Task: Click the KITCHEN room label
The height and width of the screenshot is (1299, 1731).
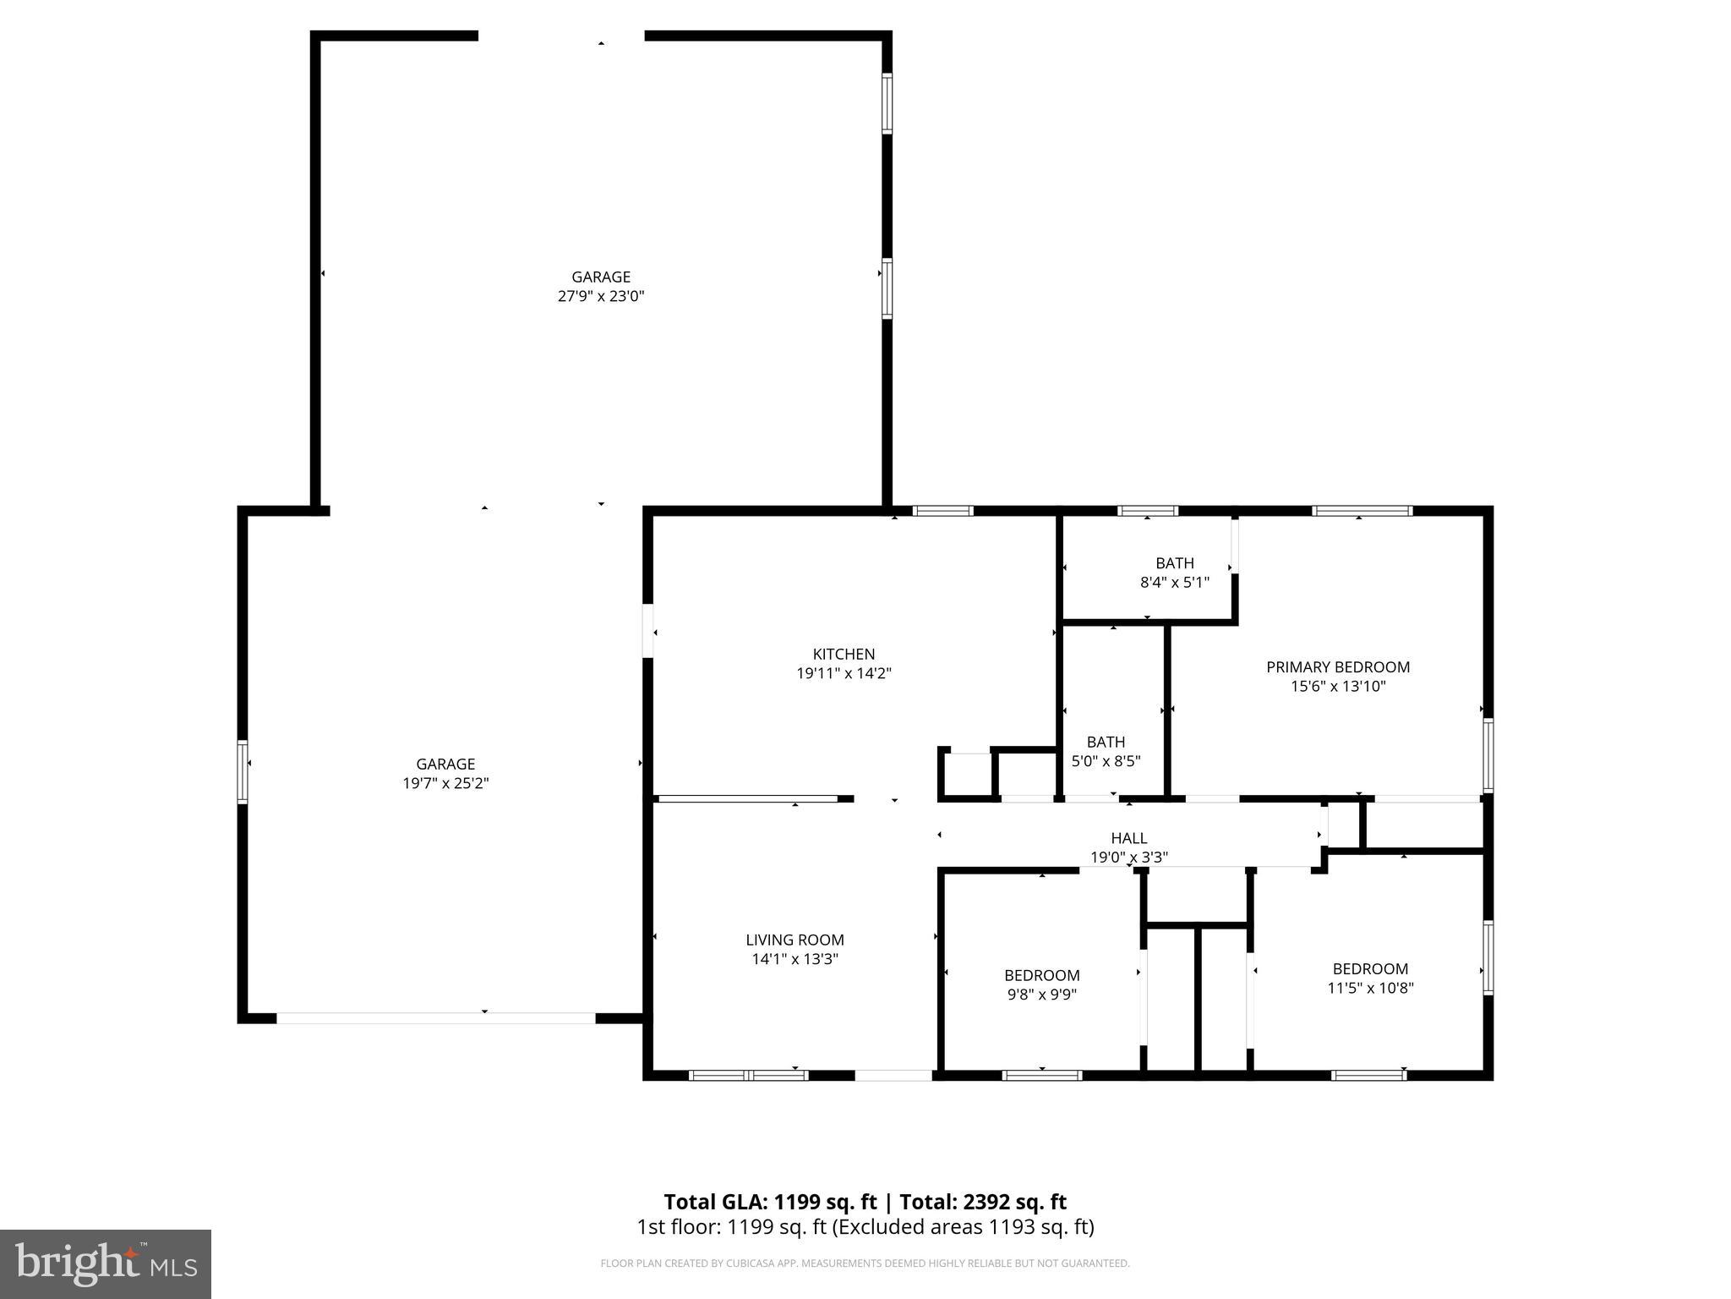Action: click(844, 654)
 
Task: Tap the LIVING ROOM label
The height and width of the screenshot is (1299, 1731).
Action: click(795, 940)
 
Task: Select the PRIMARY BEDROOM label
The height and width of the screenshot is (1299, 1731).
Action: click(1337, 667)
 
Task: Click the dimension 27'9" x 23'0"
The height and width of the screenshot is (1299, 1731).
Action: click(601, 296)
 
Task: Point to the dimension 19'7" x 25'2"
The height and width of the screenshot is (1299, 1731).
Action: click(445, 783)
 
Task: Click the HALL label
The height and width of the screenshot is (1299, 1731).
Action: click(1128, 838)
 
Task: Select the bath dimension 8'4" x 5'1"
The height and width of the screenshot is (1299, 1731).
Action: click(1174, 583)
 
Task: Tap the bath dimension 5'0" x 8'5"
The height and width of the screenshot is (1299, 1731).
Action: click(1106, 761)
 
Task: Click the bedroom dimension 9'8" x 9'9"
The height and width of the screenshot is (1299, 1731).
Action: click(1041, 995)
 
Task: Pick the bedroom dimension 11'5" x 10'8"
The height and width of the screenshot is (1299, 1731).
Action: click(1370, 988)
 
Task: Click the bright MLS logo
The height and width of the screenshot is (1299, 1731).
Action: click(106, 1263)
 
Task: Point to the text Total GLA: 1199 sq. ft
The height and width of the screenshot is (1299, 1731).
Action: click(770, 1202)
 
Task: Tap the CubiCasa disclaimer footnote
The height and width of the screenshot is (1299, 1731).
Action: click(865, 1263)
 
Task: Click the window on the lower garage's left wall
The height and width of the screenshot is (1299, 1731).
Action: click(243, 770)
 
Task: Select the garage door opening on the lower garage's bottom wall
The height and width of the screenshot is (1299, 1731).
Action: click(436, 1018)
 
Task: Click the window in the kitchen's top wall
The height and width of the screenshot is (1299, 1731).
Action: click(942, 511)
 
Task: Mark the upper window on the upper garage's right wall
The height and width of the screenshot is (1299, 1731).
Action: click(887, 103)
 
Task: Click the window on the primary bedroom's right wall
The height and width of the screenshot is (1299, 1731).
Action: click(1488, 754)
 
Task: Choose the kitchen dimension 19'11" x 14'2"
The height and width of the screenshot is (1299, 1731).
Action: click(844, 674)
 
